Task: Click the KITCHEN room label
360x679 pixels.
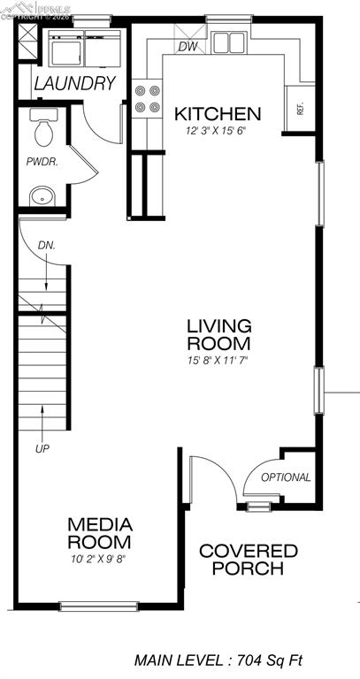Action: point(217,114)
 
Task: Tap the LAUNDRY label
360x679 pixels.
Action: point(75,84)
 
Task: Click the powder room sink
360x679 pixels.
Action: point(40,195)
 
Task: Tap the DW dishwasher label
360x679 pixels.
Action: point(188,47)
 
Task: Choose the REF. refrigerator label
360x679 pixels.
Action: point(301,110)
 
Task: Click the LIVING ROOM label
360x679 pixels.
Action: point(218,334)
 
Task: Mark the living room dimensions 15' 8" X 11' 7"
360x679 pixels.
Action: point(218,361)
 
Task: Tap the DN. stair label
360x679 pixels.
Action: point(47,245)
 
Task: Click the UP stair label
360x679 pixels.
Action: point(42,449)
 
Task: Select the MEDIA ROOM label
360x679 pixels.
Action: point(99,532)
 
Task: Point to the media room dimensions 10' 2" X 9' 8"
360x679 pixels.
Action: point(100,559)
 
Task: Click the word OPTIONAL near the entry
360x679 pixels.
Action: point(286,477)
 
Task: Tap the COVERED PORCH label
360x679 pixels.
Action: point(248,560)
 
